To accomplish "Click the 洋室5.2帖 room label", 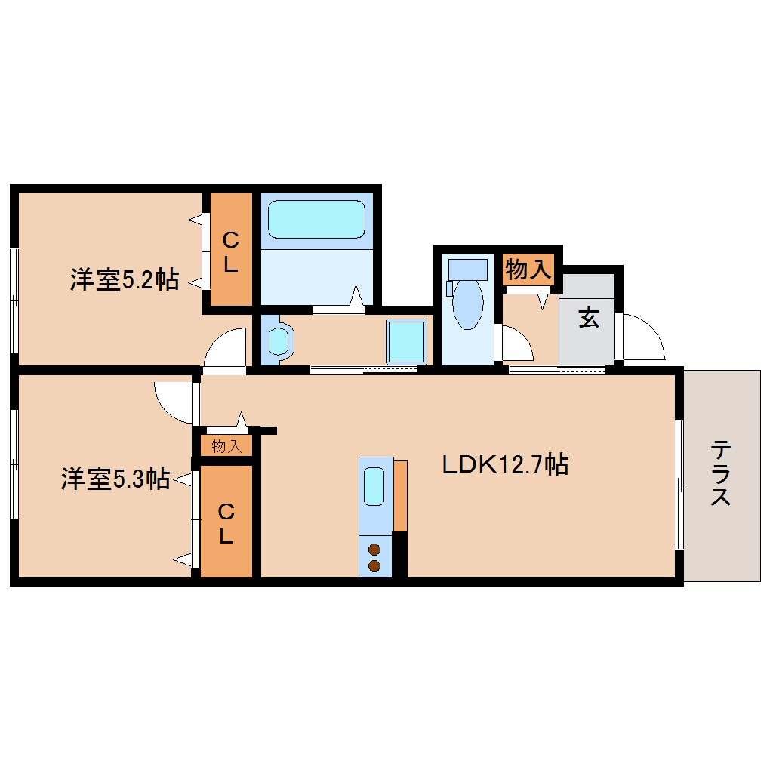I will [124, 280].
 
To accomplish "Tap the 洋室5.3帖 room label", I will [115, 479].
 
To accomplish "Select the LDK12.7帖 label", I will [504, 464].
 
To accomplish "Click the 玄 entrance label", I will [588, 319].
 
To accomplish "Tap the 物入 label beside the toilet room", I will [529, 269].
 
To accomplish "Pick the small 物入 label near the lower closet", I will [226, 446].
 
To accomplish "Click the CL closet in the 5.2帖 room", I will [230, 251].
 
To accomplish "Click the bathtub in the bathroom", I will [317, 218].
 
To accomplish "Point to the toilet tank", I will [467, 269].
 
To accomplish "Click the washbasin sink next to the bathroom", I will [279, 341].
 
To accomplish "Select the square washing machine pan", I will [406, 340].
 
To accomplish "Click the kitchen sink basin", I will [374, 487].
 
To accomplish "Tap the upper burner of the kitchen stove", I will [374, 550].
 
